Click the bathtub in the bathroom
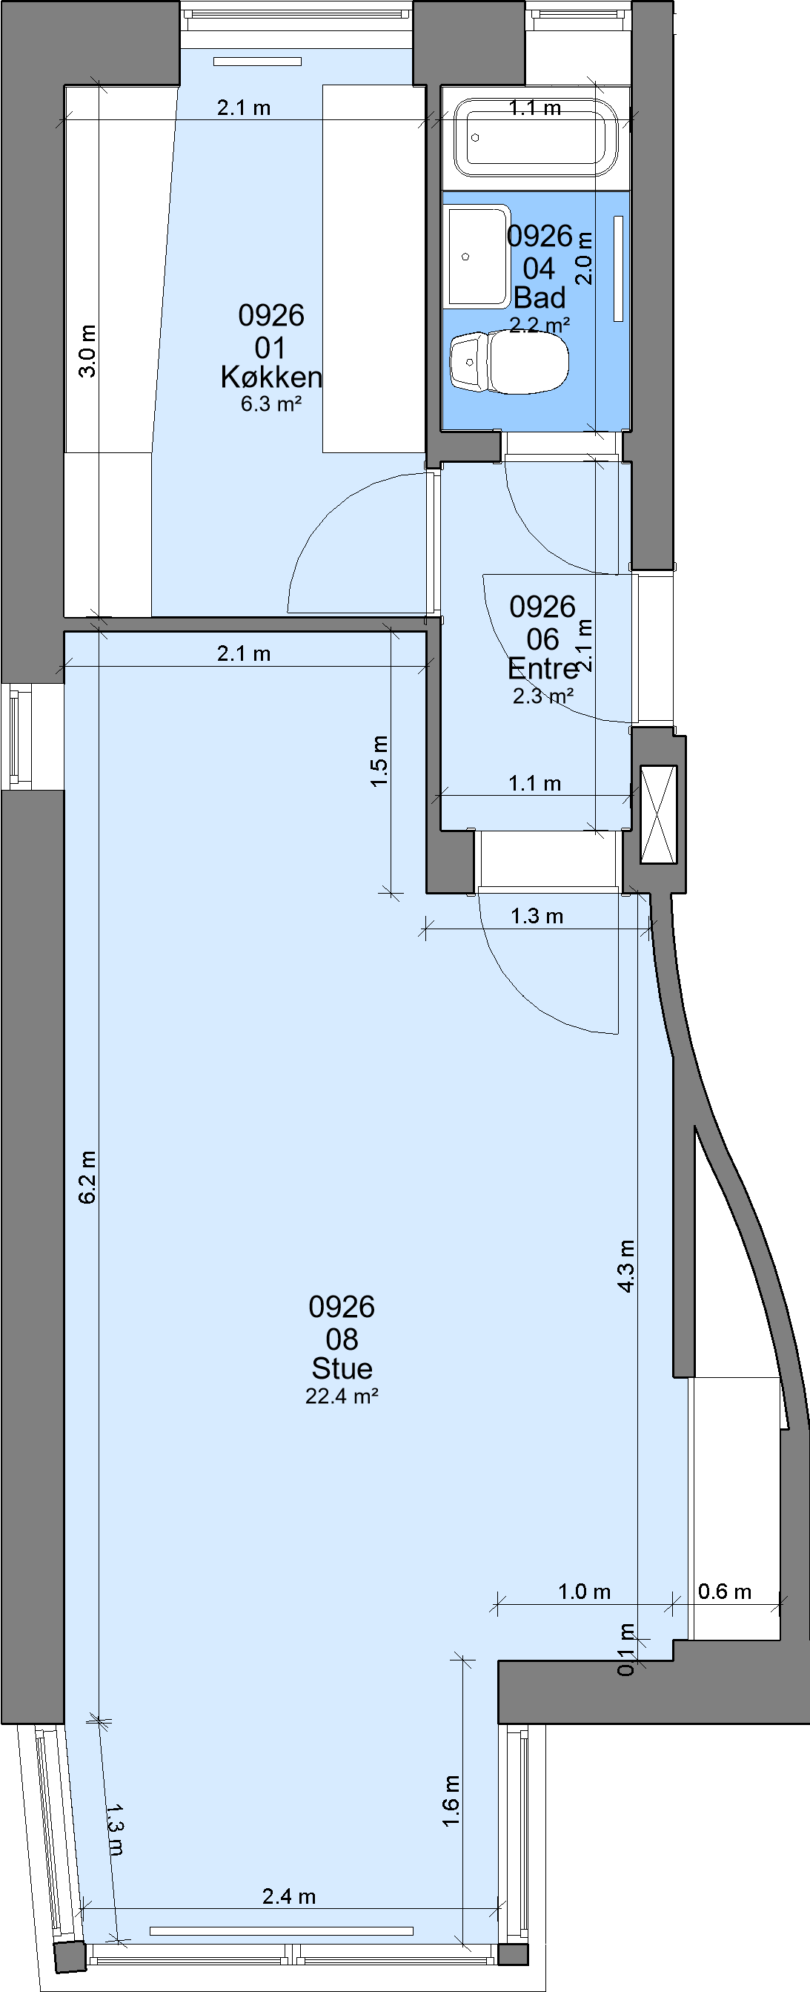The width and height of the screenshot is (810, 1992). (536, 138)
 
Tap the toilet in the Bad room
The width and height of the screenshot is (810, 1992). (509, 362)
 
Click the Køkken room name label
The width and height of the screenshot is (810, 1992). (271, 377)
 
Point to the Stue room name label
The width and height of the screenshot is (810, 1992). (342, 1368)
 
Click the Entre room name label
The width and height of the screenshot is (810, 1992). (542, 668)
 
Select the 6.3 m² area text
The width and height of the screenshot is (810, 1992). (270, 403)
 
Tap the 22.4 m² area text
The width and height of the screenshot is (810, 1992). (342, 1395)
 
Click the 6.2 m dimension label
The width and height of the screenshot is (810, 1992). (87, 1177)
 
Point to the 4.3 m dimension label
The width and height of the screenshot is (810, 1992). (626, 1266)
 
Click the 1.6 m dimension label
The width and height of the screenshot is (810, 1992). (451, 1801)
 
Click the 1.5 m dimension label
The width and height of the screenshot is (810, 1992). (379, 762)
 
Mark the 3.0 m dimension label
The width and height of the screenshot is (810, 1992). (88, 351)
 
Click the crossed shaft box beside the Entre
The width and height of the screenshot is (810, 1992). (660, 814)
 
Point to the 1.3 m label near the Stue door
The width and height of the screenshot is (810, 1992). (537, 917)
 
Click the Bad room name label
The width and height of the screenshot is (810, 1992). (540, 297)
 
